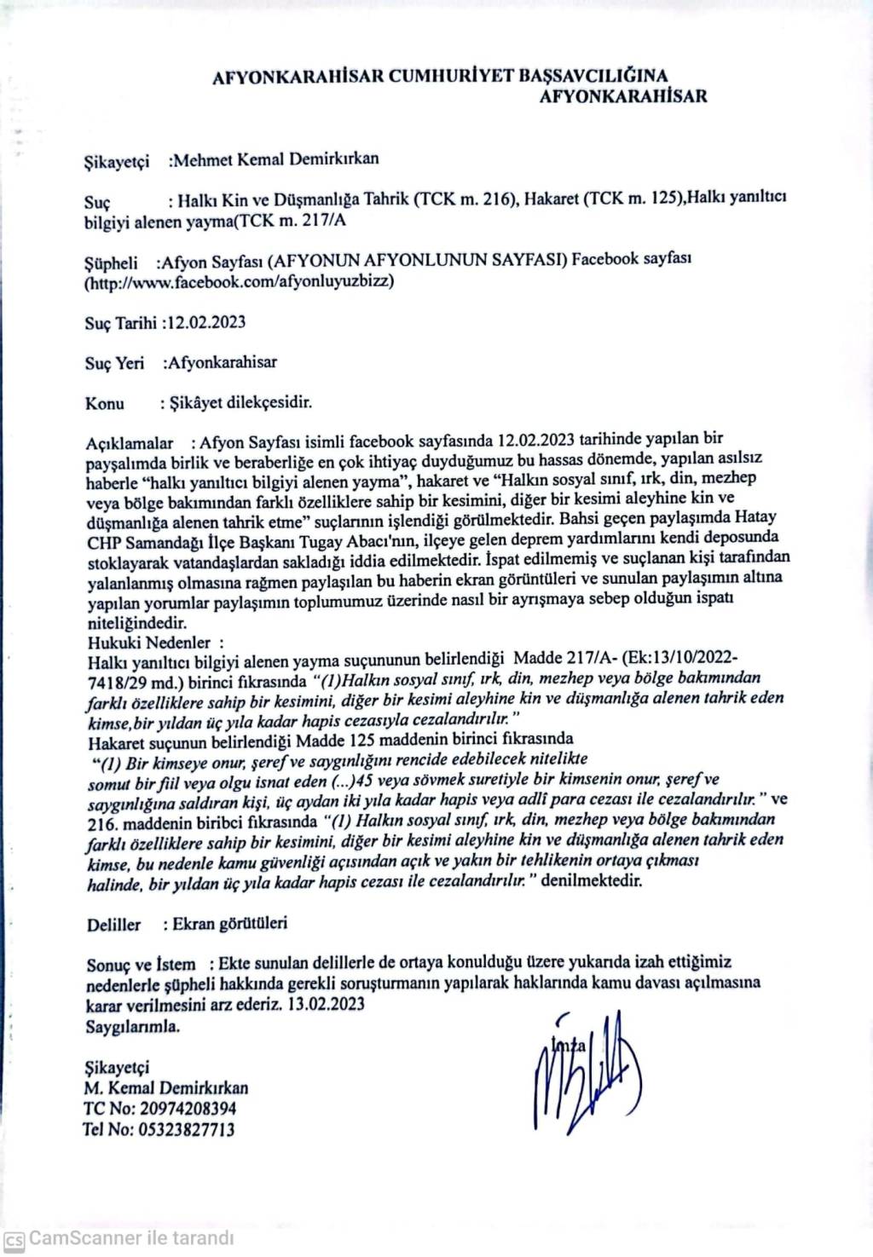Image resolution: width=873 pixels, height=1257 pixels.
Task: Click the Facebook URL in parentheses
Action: (x=239, y=280)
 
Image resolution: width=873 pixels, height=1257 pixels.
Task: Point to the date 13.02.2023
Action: (x=327, y=1004)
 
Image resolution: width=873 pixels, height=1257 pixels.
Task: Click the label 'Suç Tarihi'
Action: (x=121, y=323)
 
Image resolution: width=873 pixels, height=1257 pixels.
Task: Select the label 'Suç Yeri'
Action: (x=114, y=363)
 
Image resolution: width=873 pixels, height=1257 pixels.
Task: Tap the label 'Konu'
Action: (x=105, y=403)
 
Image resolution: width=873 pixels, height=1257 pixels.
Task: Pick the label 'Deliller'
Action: (x=113, y=925)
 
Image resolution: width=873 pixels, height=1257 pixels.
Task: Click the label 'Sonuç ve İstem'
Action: (x=141, y=965)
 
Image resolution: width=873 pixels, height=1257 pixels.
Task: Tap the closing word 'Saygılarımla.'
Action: (x=132, y=1026)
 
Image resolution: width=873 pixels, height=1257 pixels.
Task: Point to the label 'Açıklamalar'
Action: (x=130, y=443)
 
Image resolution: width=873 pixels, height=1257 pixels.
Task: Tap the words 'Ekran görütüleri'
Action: (x=229, y=923)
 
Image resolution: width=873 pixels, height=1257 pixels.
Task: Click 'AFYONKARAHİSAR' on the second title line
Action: (x=623, y=96)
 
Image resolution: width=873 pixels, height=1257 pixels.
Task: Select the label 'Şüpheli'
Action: (x=111, y=261)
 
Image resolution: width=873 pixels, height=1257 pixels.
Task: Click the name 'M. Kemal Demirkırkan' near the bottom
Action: (x=166, y=1088)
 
